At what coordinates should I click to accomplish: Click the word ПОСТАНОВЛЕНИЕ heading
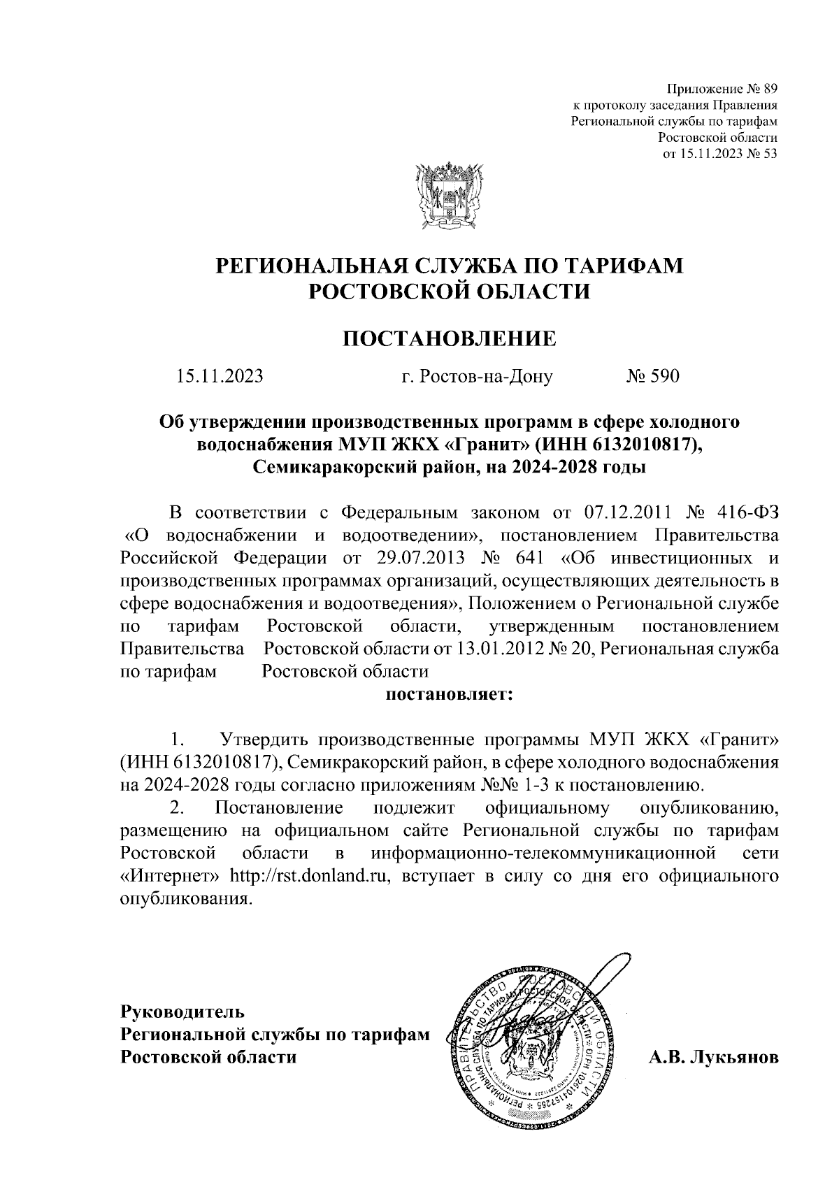pos(449,340)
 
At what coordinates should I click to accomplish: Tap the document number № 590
pos(652,377)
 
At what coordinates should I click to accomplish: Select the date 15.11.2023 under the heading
pos(220,377)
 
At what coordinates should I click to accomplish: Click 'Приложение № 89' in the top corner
pos(722,89)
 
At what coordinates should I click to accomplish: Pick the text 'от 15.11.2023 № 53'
pos(719,154)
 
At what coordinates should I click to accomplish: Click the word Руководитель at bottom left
pos(182,991)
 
